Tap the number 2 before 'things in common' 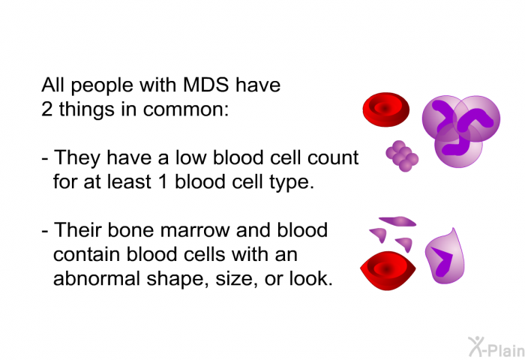(x=46, y=109)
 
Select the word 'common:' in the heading (x=186, y=109)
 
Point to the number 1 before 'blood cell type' (x=163, y=181)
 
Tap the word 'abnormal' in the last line (x=97, y=278)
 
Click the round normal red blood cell (x=386, y=109)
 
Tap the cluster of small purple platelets (x=402, y=156)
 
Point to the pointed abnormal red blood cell (x=388, y=271)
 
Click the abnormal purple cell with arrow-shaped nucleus (x=445, y=256)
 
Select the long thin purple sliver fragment (x=397, y=221)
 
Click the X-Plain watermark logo (x=496, y=347)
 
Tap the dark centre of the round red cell (x=385, y=108)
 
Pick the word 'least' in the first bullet (x=129, y=181)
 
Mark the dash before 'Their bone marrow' (x=45, y=232)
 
